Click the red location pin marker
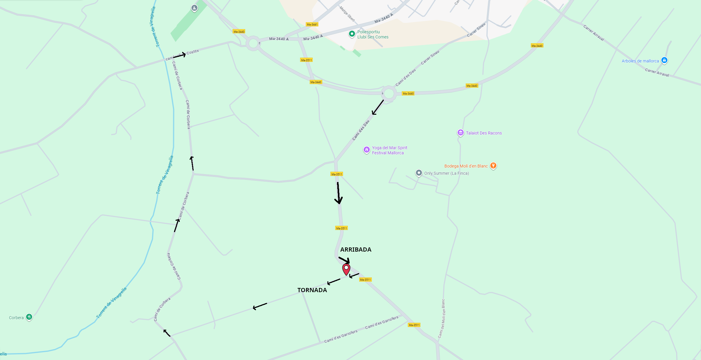pos(346,269)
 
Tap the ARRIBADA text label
pos(356,250)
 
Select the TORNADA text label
pos(312,290)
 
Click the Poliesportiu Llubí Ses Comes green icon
pos(352,34)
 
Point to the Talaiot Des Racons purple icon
pos(460,133)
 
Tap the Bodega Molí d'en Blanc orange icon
pos(493,166)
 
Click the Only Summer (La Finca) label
pos(446,173)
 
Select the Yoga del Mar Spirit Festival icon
pos(366,150)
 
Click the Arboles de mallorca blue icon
pos(664,60)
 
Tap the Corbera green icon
pos(29,317)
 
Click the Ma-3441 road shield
pos(312,24)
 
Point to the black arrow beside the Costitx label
pos(179,55)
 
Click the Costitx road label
pos(193,52)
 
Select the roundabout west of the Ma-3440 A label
pos(253,44)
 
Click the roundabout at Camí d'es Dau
pos(389,94)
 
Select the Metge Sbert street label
pos(347,14)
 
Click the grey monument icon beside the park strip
pos(194,8)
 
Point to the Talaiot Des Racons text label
pos(484,133)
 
